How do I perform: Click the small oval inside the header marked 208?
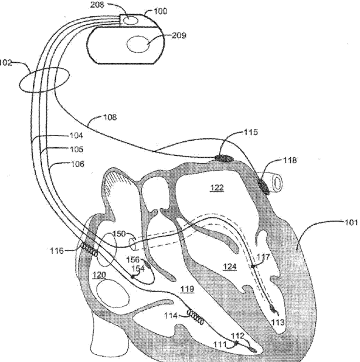click(129, 21)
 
